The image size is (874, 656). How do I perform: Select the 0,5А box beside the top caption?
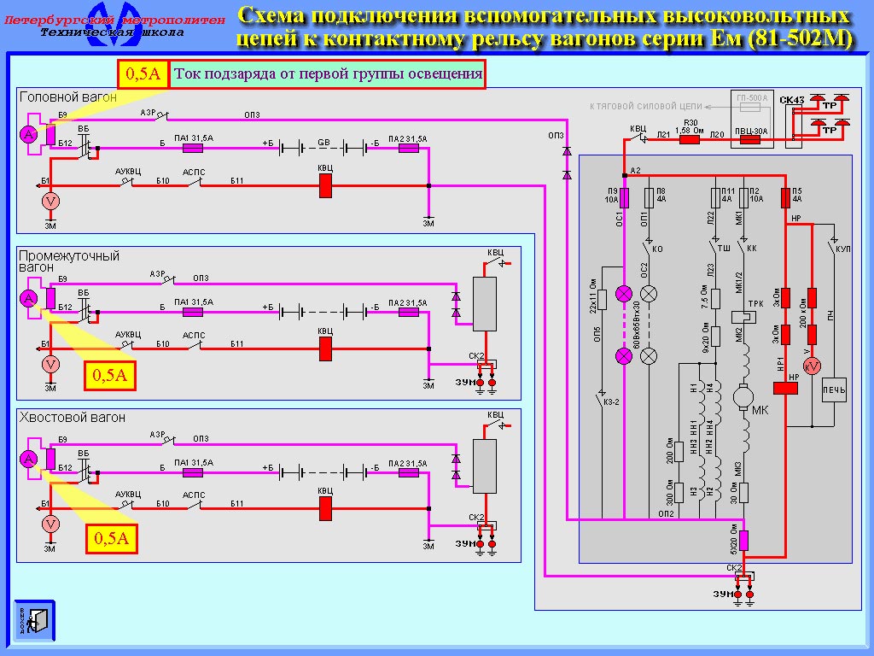point(143,74)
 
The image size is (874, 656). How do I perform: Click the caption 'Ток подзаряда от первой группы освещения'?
point(328,74)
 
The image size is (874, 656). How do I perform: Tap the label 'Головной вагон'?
point(68,97)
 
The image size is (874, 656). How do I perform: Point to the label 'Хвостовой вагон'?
point(72,418)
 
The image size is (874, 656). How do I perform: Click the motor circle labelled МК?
point(742,397)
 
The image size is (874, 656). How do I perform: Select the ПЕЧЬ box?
point(833,390)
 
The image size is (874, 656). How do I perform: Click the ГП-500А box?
point(752,103)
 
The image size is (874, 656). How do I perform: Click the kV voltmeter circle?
point(813,366)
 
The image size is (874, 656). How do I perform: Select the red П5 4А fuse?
point(785,198)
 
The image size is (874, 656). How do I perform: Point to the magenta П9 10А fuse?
point(624,198)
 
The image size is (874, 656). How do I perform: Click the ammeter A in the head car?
point(29,135)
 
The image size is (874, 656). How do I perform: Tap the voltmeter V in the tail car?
point(50,524)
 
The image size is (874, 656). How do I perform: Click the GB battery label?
point(324,142)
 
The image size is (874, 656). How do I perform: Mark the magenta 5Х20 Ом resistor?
point(743,540)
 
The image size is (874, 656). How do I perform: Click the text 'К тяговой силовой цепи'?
point(647,106)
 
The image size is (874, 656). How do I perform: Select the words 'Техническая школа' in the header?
point(112,32)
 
